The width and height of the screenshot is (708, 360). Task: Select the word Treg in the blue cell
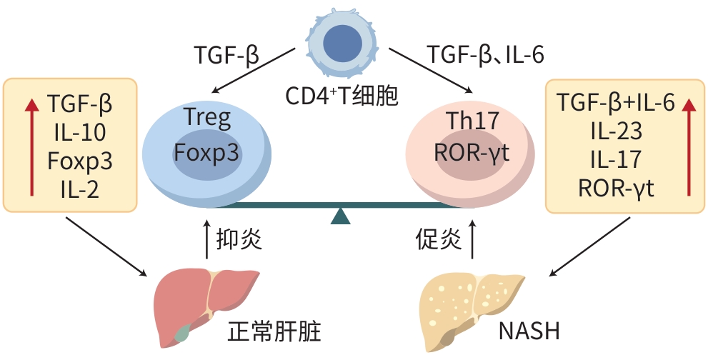coord(207,117)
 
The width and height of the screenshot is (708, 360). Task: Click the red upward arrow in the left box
coord(31,146)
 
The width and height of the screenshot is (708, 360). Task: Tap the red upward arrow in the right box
coord(688,146)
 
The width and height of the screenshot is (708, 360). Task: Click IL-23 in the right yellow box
coord(617,131)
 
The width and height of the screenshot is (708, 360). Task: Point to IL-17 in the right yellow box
coord(617,160)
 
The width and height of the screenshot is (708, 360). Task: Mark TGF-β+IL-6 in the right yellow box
coord(617,104)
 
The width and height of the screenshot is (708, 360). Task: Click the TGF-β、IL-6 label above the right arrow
coord(487,55)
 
